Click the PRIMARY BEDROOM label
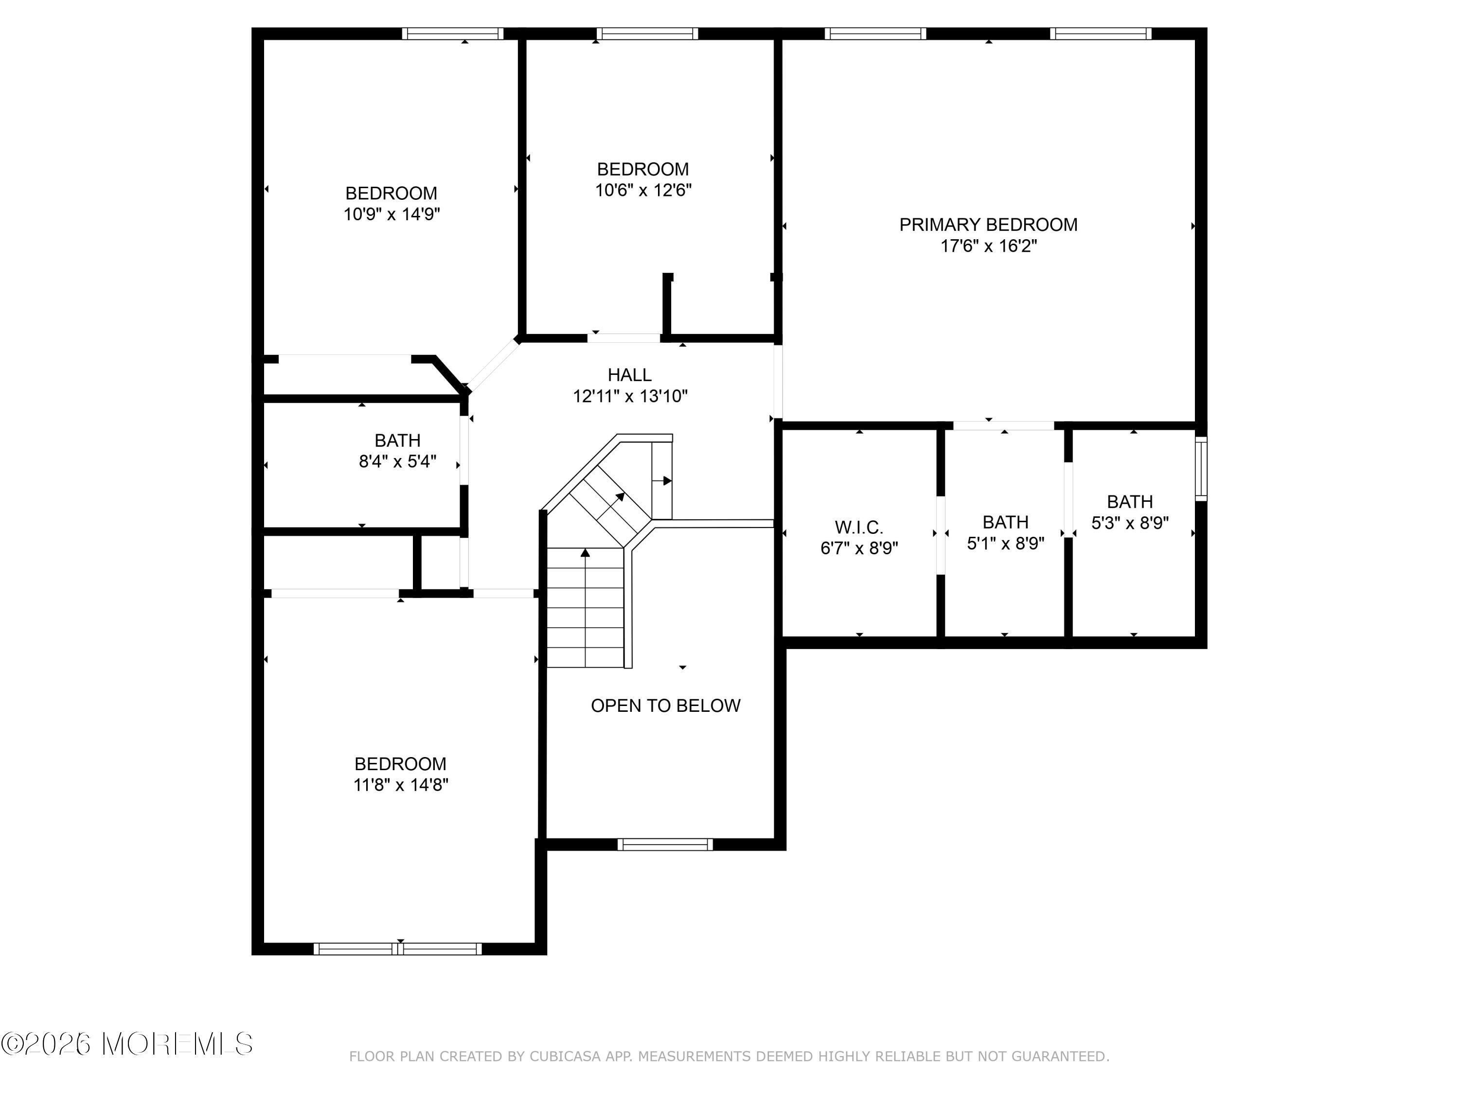point(988,225)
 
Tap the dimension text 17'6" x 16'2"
point(989,246)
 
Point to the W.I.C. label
point(859,528)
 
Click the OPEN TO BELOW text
point(665,706)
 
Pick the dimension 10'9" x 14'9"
point(392,214)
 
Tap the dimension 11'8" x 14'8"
point(400,785)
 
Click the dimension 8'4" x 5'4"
point(398,461)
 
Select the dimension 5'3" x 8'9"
point(1130,523)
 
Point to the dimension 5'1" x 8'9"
point(1006,544)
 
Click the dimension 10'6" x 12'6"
point(643,190)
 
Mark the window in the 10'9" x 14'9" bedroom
point(452,34)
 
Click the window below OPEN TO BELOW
point(665,844)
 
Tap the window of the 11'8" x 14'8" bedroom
point(398,949)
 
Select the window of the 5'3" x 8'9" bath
point(1201,469)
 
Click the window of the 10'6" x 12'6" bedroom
point(647,34)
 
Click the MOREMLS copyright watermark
point(126,1044)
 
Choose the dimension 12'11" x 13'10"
point(630,396)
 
